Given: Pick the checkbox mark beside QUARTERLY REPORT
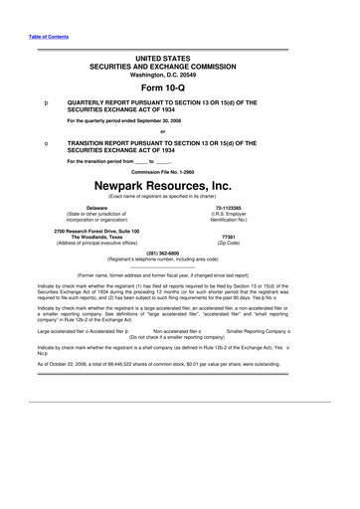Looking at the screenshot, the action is click(x=35, y=101).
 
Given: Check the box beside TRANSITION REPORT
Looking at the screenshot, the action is click(x=35, y=141).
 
